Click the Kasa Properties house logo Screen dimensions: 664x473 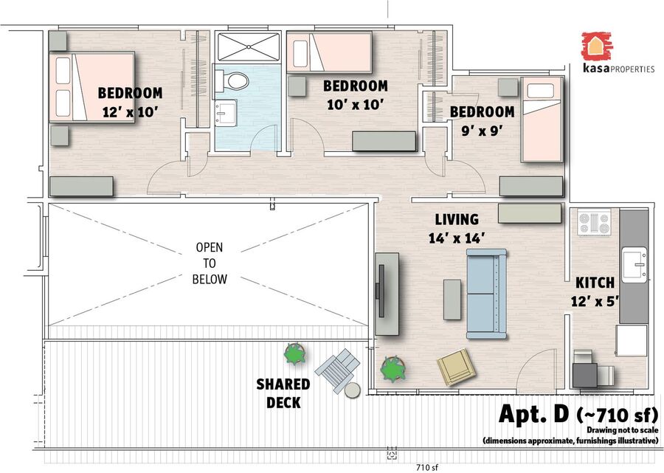pyautogui.click(x=597, y=46)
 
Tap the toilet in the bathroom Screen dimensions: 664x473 pyautogui.click(x=232, y=80)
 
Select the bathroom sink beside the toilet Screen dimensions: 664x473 pyautogui.click(x=225, y=113)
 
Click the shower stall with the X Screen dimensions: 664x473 pyautogui.click(x=249, y=46)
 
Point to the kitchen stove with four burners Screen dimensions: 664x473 pyautogui.click(x=594, y=222)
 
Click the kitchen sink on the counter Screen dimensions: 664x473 pyautogui.click(x=634, y=265)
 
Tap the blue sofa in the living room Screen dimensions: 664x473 pyautogui.click(x=487, y=294)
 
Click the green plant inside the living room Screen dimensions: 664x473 pyautogui.click(x=393, y=369)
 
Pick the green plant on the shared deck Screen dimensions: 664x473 pyautogui.click(x=294, y=354)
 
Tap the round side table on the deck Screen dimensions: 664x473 pyautogui.click(x=352, y=390)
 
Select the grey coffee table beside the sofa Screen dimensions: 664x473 pyautogui.click(x=452, y=300)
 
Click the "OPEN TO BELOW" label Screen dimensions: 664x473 pyautogui.click(x=210, y=263)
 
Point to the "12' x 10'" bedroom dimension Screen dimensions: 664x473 pyautogui.click(x=131, y=112)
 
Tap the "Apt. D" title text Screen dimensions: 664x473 pyautogui.click(x=533, y=414)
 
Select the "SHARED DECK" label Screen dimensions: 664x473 pyautogui.click(x=283, y=393)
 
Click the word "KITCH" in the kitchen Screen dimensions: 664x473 pyautogui.click(x=595, y=283)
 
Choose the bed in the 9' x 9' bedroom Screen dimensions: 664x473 pyautogui.click(x=542, y=120)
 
